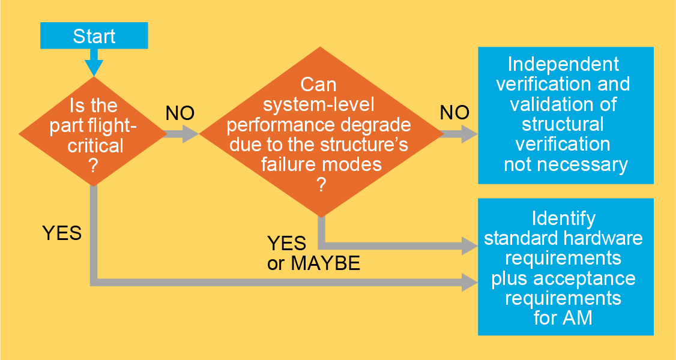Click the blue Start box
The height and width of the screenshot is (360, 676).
(x=94, y=36)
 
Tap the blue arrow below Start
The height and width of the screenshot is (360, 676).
(x=94, y=63)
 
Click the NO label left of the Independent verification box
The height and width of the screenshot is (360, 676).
(x=455, y=112)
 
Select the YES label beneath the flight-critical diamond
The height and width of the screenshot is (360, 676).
(x=62, y=233)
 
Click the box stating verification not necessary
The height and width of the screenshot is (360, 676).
(x=566, y=115)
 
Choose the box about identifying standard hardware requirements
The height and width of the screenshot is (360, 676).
(x=566, y=267)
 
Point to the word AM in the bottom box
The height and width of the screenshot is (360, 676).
(x=578, y=317)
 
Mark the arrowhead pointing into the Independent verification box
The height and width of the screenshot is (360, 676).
(x=469, y=134)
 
